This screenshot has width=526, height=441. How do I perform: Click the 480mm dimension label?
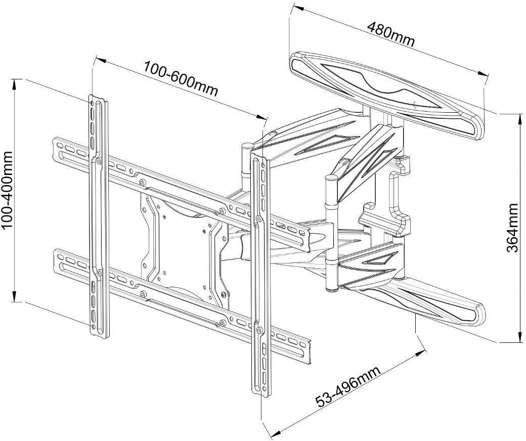click(x=391, y=33)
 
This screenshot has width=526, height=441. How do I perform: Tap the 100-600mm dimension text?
click(x=181, y=78)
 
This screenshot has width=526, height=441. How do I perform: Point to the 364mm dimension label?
click(x=512, y=229)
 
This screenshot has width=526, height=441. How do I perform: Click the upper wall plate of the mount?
click(x=387, y=93)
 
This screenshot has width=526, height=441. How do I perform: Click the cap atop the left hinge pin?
click(x=246, y=146)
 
